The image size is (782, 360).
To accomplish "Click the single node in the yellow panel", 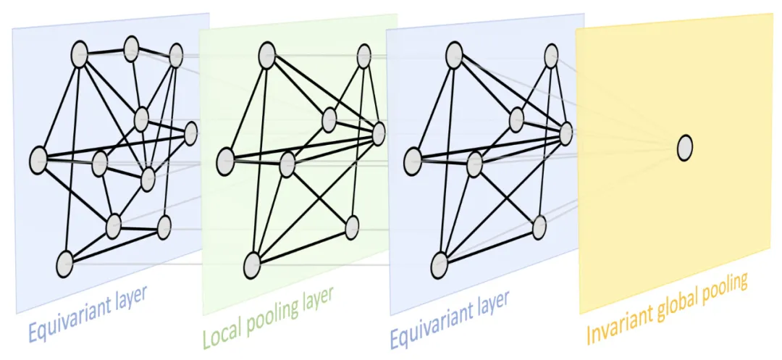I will click(x=684, y=148).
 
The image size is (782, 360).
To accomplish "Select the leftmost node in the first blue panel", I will click(x=38, y=159).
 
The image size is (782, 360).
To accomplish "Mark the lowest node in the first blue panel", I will click(x=65, y=263).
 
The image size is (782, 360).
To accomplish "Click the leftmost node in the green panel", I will click(x=226, y=159).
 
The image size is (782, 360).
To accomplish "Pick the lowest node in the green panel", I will click(x=252, y=263).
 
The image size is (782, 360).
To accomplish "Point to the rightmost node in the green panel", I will click(x=378, y=133).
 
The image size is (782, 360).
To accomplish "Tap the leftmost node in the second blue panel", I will click(x=413, y=159).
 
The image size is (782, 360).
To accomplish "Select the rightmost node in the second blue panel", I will click(x=566, y=133).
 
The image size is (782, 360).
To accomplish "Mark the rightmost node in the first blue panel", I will click(x=191, y=133).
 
